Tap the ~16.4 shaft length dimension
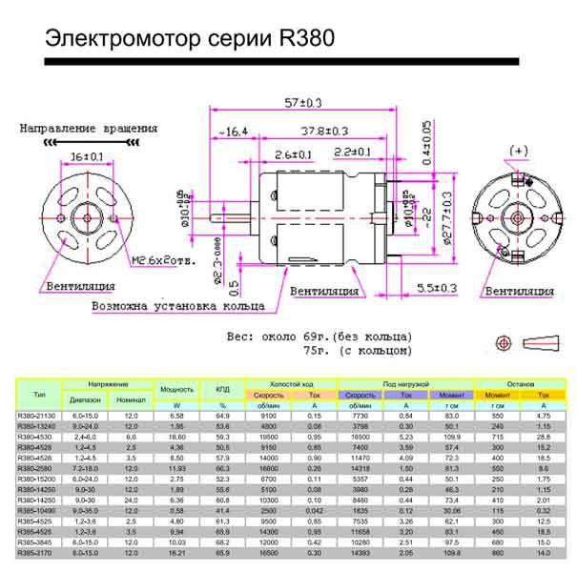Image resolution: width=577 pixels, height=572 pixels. pyautogui.click(x=231, y=131)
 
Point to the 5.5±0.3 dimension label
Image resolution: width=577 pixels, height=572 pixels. pyautogui.click(x=437, y=287)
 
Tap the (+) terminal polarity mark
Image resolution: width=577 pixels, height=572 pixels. pyautogui.click(x=518, y=151)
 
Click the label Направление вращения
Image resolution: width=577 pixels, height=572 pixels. pyautogui.click(x=89, y=128)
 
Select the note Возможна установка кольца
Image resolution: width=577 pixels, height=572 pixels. pyautogui.click(x=177, y=306)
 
